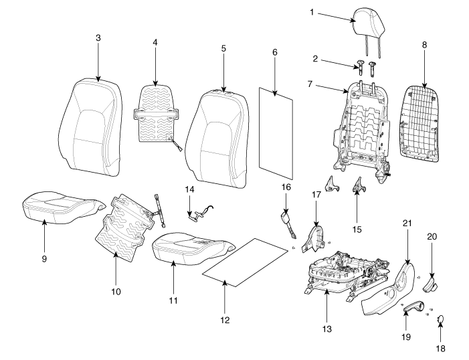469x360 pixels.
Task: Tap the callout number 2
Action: coord(314,59)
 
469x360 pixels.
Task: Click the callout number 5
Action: coord(223,48)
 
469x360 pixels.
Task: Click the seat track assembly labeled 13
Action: coord(345,271)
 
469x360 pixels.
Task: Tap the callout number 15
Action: coord(357,230)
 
